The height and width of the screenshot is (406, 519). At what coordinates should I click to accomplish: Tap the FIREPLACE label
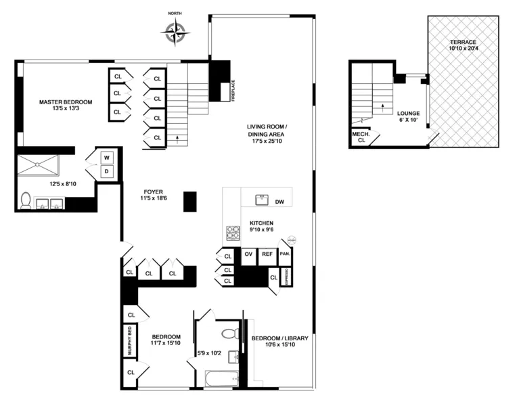(x=233, y=90)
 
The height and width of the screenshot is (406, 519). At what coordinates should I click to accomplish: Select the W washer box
(x=107, y=158)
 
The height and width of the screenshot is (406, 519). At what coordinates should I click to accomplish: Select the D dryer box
(x=107, y=172)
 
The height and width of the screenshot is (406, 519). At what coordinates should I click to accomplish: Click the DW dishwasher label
(x=279, y=201)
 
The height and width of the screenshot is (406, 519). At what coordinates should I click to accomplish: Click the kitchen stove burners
(x=232, y=233)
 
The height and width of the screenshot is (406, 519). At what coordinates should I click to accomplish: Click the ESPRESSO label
(x=286, y=277)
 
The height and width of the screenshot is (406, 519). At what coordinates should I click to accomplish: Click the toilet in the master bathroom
(x=25, y=200)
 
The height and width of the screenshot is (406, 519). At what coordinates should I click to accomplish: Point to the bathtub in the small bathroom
(x=219, y=378)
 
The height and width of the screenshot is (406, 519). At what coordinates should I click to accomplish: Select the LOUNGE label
(x=409, y=114)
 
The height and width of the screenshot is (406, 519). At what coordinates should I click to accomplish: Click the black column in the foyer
(x=189, y=202)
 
